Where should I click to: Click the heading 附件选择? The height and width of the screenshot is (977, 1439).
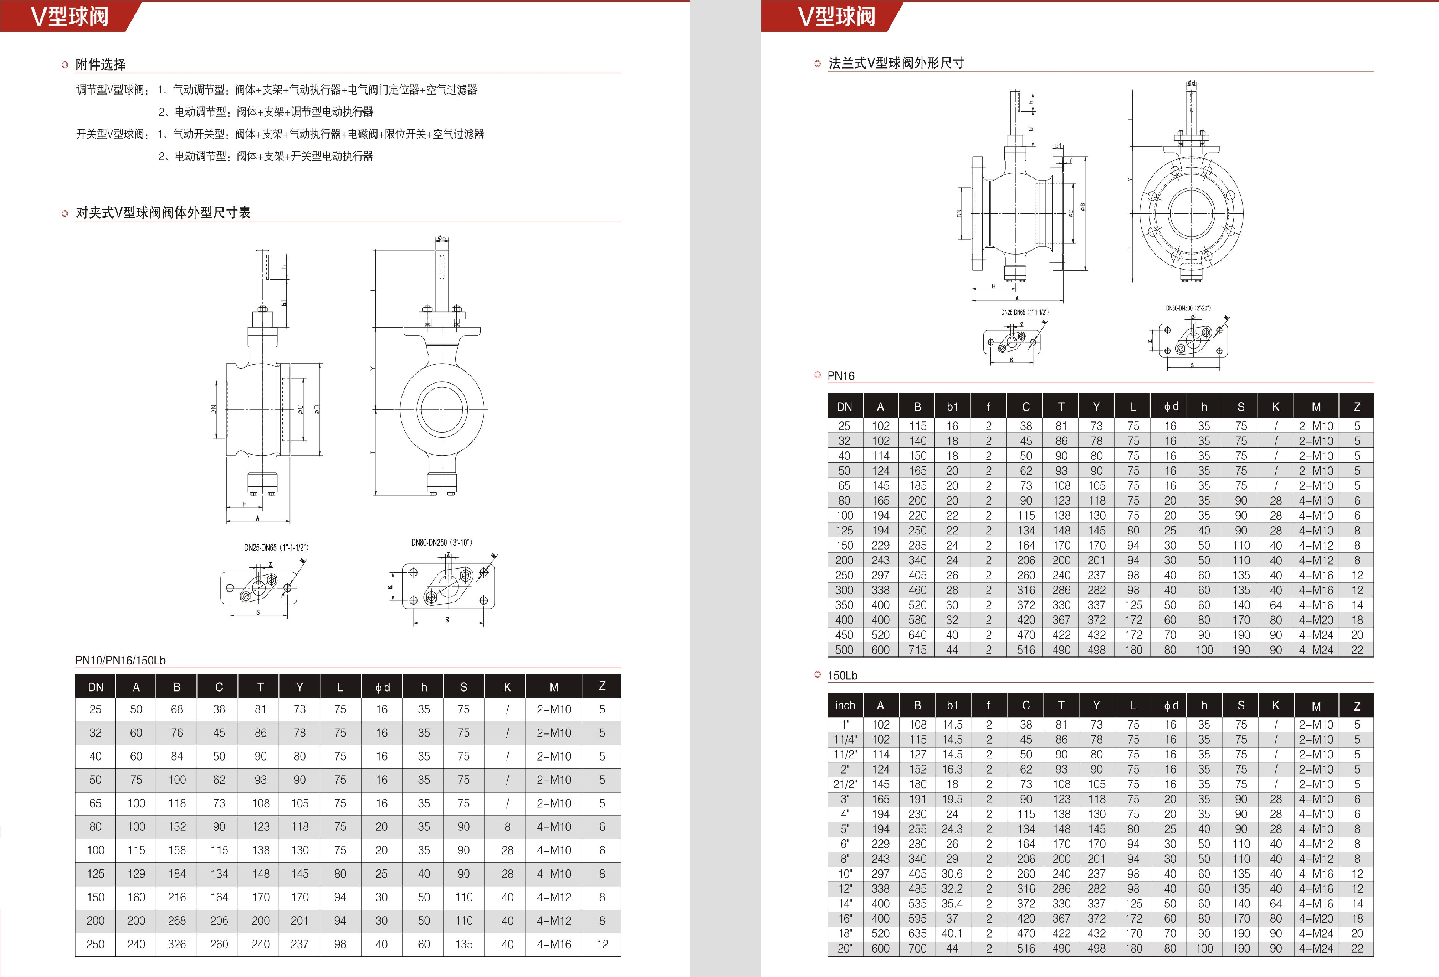(x=100, y=64)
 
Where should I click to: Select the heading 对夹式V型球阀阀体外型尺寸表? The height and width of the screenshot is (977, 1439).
(x=163, y=213)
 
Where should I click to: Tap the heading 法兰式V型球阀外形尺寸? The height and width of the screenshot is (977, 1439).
(x=896, y=63)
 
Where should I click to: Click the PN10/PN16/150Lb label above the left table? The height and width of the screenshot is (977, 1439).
(x=120, y=661)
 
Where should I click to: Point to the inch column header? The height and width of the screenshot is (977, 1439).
(x=845, y=706)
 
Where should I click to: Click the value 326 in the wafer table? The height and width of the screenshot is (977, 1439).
(x=177, y=944)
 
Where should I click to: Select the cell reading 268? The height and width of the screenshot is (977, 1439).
(x=177, y=920)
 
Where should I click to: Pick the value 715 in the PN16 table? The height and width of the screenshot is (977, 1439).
(x=918, y=650)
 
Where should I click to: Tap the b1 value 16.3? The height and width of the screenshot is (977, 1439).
(x=952, y=769)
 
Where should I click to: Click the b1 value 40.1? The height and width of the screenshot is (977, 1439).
(x=952, y=934)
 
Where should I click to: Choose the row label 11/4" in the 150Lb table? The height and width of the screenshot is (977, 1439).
(x=845, y=740)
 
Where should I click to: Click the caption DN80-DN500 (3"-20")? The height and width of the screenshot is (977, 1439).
(x=1188, y=308)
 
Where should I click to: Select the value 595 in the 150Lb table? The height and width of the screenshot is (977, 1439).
(x=918, y=919)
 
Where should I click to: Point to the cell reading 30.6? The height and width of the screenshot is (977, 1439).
(x=952, y=874)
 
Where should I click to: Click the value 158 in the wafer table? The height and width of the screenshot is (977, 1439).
(x=177, y=850)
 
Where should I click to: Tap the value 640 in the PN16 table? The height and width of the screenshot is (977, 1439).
(x=918, y=635)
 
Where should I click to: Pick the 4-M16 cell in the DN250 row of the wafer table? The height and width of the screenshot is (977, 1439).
(x=554, y=944)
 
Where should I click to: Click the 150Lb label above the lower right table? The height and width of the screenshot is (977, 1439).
(x=842, y=675)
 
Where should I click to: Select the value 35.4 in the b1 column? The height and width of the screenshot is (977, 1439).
(x=952, y=904)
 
